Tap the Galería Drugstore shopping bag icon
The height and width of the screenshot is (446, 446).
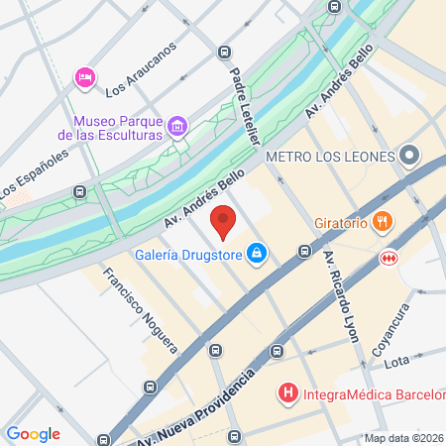point(258,254)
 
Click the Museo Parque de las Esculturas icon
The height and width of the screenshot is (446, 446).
point(177,125)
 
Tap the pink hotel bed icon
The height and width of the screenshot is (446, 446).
point(84,76)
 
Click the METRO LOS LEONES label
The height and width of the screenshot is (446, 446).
point(331,156)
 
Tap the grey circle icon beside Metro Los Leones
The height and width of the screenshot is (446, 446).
point(410,156)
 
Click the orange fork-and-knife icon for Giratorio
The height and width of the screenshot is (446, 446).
point(382,221)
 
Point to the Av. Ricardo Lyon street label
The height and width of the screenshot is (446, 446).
point(341,295)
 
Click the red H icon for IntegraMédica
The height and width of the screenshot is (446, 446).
point(288,394)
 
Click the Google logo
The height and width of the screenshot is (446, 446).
point(34,434)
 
